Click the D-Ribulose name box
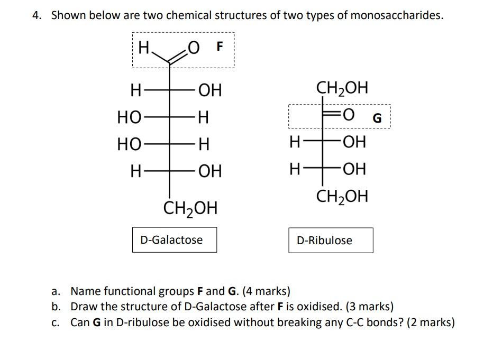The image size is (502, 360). click(x=331, y=241)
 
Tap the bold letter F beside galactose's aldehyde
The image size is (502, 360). click(x=220, y=47)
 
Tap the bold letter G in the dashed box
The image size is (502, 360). click(x=377, y=118)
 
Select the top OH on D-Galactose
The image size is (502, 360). click(x=210, y=91)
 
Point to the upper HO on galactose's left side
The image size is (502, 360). click(x=129, y=117)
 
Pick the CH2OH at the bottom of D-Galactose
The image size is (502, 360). click(x=190, y=207)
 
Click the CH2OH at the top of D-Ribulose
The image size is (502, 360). click(x=342, y=87)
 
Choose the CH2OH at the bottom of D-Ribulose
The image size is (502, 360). click(x=342, y=197)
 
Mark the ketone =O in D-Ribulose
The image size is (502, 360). click(x=347, y=115)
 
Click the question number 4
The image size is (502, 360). click(x=36, y=15)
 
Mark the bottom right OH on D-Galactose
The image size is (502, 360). click(x=210, y=171)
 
